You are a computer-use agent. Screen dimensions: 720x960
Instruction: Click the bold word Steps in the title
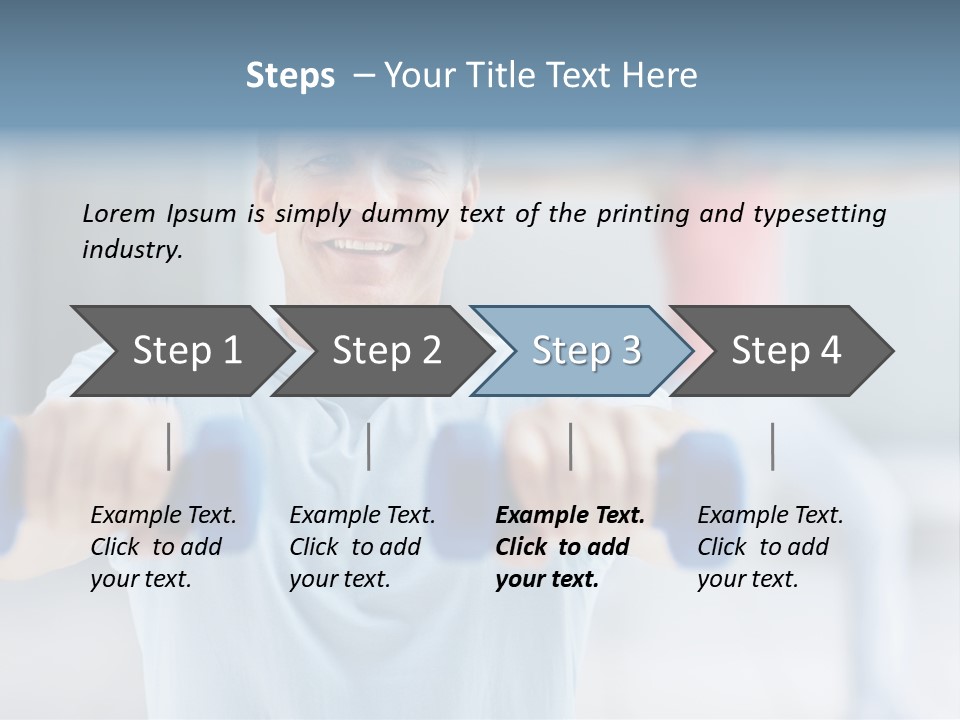click(290, 76)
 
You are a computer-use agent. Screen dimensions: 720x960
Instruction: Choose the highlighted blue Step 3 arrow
click(585, 350)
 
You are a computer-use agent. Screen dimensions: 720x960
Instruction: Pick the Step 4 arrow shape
click(786, 350)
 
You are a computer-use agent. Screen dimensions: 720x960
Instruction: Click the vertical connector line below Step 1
click(169, 446)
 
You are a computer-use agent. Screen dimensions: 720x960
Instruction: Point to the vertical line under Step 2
click(369, 446)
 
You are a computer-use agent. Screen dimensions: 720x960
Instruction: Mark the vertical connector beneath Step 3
click(571, 446)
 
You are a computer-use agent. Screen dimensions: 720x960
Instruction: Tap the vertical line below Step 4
click(773, 446)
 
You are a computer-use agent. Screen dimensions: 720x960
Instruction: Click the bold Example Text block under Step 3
click(569, 547)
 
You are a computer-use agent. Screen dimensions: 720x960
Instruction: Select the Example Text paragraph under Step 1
click(163, 547)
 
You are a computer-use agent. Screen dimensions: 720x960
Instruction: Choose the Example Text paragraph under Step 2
click(362, 547)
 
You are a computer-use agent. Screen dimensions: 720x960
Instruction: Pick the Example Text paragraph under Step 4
click(770, 547)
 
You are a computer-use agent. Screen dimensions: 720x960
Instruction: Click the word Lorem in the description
click(119, 213)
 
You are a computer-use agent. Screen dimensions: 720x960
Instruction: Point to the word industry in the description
click(131, 250)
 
